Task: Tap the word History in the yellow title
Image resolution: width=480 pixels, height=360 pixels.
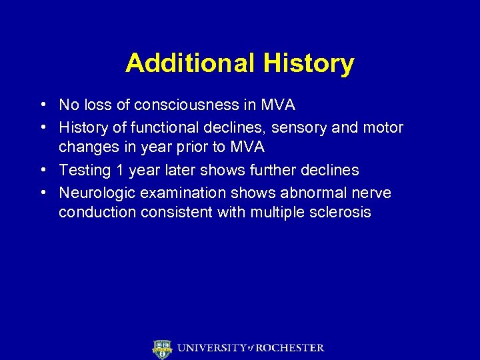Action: point(308,63)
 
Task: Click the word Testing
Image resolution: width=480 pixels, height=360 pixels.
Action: point(85,170)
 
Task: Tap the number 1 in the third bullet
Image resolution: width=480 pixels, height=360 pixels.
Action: point(120,170)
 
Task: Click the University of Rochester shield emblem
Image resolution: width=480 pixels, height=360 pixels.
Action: point(163,349)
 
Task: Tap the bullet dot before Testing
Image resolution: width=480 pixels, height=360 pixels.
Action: point(43,170)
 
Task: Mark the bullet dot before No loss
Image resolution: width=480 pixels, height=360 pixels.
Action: point(43,105)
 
